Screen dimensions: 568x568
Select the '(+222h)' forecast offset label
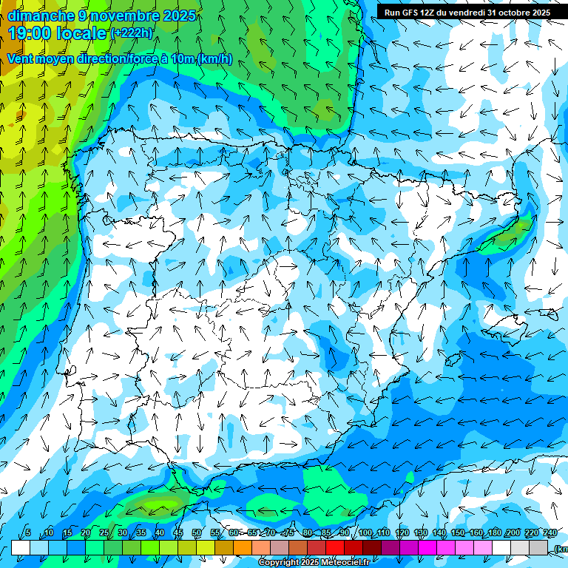point(132,33)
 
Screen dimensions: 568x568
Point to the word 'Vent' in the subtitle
point(21,59)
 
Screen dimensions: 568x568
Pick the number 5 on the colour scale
point(28,533)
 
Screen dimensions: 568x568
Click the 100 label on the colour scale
point(365,533)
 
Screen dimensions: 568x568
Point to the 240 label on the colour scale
point(550,533)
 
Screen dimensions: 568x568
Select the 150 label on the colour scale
point(457,533)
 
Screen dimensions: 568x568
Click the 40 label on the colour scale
point(159,533)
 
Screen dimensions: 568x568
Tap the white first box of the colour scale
point(21,547)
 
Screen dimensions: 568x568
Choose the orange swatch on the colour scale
point(243,547)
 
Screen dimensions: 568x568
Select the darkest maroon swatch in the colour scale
point(372,547)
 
